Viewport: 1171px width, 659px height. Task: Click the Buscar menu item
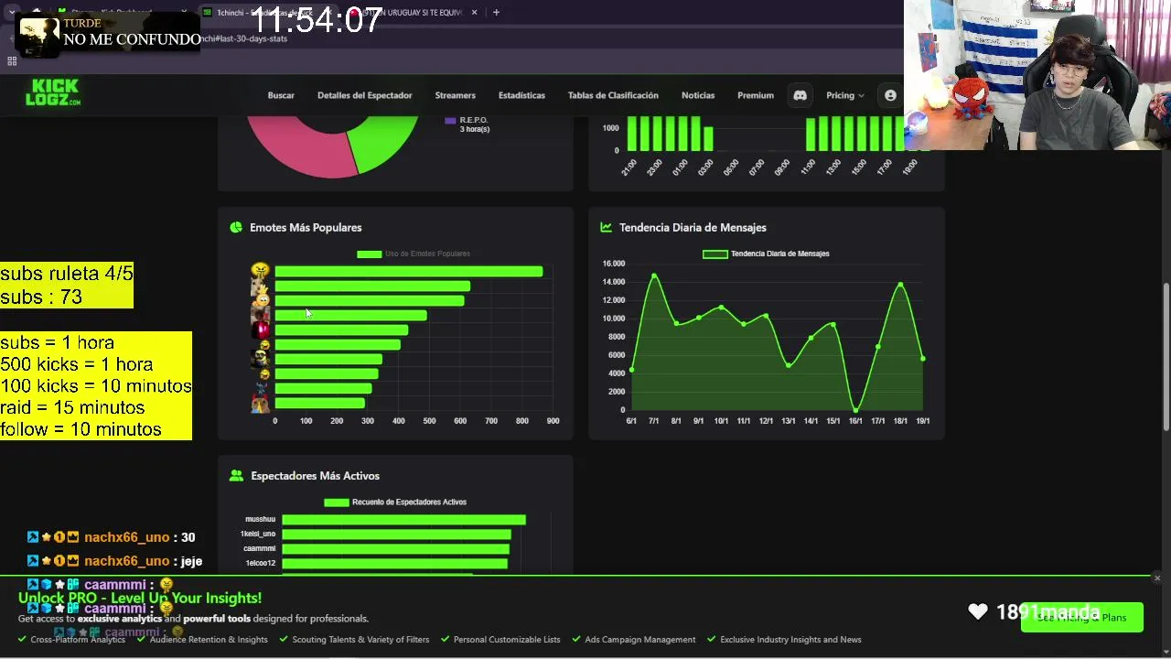281,95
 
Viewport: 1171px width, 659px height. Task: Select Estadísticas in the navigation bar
521,95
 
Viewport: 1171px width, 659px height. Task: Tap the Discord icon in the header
800,95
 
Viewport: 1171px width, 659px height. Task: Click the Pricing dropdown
844,95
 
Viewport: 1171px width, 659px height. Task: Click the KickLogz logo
53,92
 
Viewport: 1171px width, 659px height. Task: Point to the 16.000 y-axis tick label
613,264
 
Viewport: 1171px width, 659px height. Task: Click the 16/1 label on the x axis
855,421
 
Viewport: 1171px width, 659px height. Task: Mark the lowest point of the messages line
855,409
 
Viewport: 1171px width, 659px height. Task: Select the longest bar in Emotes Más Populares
408,272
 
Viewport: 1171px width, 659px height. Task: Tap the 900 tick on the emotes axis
553,421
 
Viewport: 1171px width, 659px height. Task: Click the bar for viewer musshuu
403,520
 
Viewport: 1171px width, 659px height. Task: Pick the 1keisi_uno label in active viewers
258,534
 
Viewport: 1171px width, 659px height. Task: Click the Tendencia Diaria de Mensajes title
693,228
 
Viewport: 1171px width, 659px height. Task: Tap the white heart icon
978,611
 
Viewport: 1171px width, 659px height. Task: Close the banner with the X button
1157,578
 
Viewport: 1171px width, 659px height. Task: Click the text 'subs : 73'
41,297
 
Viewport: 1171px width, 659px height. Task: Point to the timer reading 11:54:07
316,20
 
